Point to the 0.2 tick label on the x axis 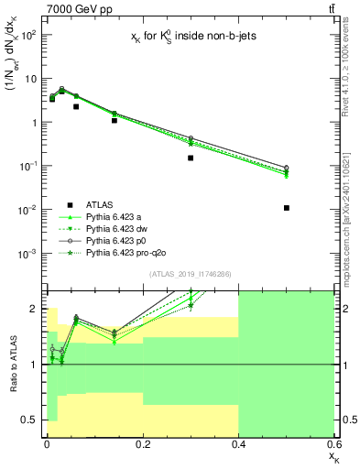tap(142, 443)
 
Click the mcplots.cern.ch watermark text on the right tap(351, 202)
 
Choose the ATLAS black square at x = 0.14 tap(114, 120)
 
